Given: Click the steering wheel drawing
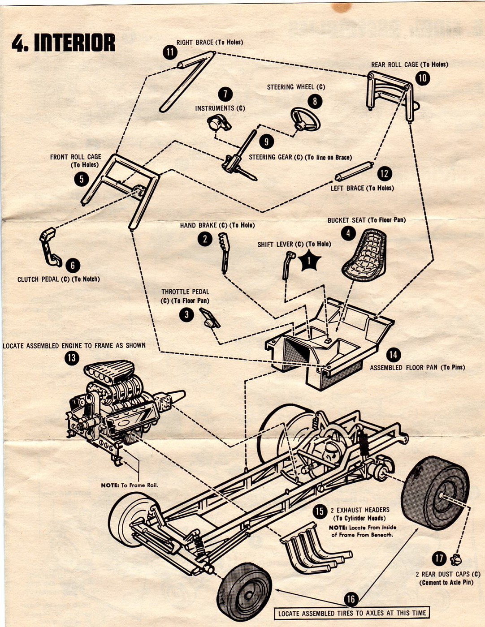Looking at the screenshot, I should [306, 119].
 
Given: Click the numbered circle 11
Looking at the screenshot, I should [170, 52].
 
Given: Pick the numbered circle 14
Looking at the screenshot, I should [393, 355].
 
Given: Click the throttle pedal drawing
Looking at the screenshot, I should [209, 318].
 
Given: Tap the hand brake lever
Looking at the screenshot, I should [224, 252].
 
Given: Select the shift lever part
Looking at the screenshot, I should [287, 264].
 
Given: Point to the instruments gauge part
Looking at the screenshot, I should [218, 122].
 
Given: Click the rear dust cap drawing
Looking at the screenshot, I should [456, 559].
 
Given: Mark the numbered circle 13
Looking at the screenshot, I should [71, 358].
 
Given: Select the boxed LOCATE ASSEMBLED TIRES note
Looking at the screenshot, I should [351, 613].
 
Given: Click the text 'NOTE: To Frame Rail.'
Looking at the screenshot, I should [130, 485].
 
